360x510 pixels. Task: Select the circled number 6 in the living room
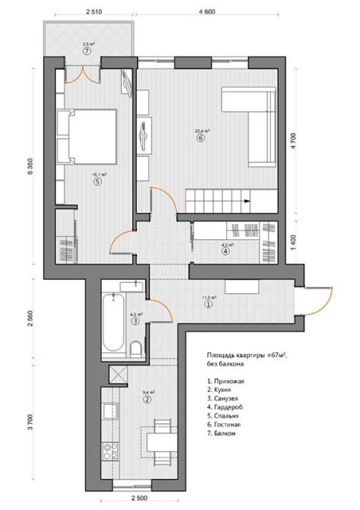point(199,139)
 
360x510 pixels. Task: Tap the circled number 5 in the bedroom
point(97,181)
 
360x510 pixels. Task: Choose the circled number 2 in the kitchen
point(148,399)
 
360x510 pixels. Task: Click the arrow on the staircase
point(245,201)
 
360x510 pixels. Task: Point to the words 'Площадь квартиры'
point(233,355)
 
